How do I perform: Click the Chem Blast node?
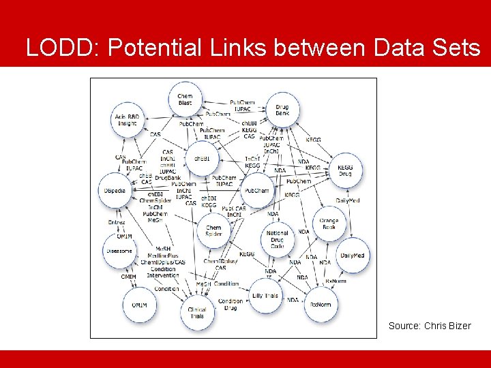point(185,99)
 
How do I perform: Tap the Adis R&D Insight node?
point(127,121)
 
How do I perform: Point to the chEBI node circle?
point(203,158)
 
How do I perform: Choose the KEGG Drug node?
point(345,170)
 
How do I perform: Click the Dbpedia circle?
point(115,191)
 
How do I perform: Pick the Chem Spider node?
point(213,231)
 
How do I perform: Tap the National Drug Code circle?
point(278,239)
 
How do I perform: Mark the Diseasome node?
point(120,251)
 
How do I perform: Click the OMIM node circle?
point(139,305)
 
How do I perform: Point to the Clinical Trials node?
point(197,313)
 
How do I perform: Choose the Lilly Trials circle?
point(265,296)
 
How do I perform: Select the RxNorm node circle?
point(320,304)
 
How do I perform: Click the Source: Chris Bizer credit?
point(430,326)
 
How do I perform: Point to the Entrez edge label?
point(117,222)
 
